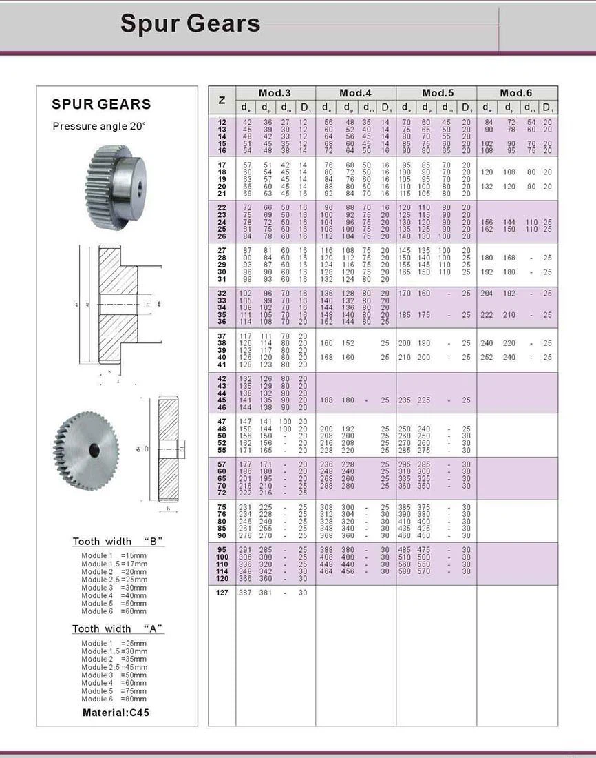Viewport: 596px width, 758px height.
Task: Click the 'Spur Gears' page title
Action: coord(190,24)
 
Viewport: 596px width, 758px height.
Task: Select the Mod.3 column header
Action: coord(275,93)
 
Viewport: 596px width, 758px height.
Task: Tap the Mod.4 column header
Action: coord(355,93)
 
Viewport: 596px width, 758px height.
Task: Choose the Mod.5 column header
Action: coord(436,93)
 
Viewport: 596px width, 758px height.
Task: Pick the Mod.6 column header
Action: coord(516,93)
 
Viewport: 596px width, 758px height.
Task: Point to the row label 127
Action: coord(222,593)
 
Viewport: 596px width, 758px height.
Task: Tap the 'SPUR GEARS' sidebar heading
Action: coord(101,105)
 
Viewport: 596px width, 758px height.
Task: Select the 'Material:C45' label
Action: coord(116,713)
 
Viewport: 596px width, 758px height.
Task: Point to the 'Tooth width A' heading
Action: coord(118,628)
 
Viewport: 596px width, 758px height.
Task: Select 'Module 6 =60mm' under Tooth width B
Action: coord(114,611)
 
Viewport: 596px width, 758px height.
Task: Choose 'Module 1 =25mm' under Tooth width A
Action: coord(114,643)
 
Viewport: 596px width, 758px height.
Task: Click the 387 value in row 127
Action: coord(245,593)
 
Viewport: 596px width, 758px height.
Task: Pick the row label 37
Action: coord(222,336)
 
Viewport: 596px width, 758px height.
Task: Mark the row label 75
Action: coord(222,507)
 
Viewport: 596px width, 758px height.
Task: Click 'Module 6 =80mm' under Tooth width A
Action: coord(114,699)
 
